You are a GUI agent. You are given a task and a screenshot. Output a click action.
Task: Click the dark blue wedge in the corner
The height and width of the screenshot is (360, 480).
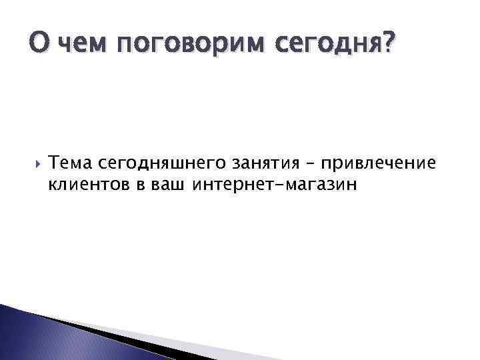27,337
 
